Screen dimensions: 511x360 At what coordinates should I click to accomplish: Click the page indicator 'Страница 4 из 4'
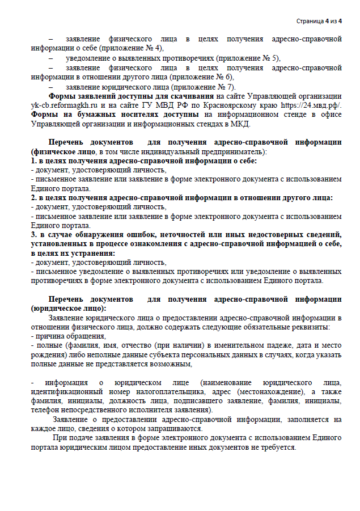pyautogui.click(x=319, y=22)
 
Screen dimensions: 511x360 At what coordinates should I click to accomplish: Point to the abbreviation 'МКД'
pyautogui.click(x=243, y=123)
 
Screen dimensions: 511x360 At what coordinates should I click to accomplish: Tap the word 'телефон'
pyautogui.click(x=46, y=410)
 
